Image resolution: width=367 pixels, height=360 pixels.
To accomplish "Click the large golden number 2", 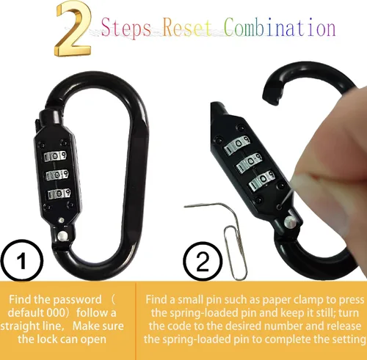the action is (73, 29).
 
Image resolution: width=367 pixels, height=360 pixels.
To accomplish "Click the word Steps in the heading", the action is (126, 28).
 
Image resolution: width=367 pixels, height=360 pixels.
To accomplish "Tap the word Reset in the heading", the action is (187, 27).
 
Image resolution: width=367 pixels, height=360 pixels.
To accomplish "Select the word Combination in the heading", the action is (280, 27).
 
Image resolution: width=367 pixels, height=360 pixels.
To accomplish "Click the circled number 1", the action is (22, 260).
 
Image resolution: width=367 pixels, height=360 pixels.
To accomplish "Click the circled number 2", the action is (203, 262).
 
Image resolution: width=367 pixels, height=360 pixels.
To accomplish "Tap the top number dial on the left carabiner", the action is (55, 156).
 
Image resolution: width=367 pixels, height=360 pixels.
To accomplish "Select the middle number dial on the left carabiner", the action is (57, 175).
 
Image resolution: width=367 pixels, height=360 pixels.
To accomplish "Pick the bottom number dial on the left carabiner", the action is (59, 194).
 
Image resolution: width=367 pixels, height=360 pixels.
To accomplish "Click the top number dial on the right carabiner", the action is (237, 144).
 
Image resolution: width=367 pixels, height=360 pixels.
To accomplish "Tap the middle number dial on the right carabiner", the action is (250, 163).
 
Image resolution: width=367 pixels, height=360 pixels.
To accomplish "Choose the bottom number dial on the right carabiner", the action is (262, 181).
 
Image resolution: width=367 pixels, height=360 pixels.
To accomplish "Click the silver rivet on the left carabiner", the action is (62, 235).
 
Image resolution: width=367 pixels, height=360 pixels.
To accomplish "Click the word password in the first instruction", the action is (78, 300).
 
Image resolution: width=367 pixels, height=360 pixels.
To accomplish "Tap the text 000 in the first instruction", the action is (56, 313).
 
